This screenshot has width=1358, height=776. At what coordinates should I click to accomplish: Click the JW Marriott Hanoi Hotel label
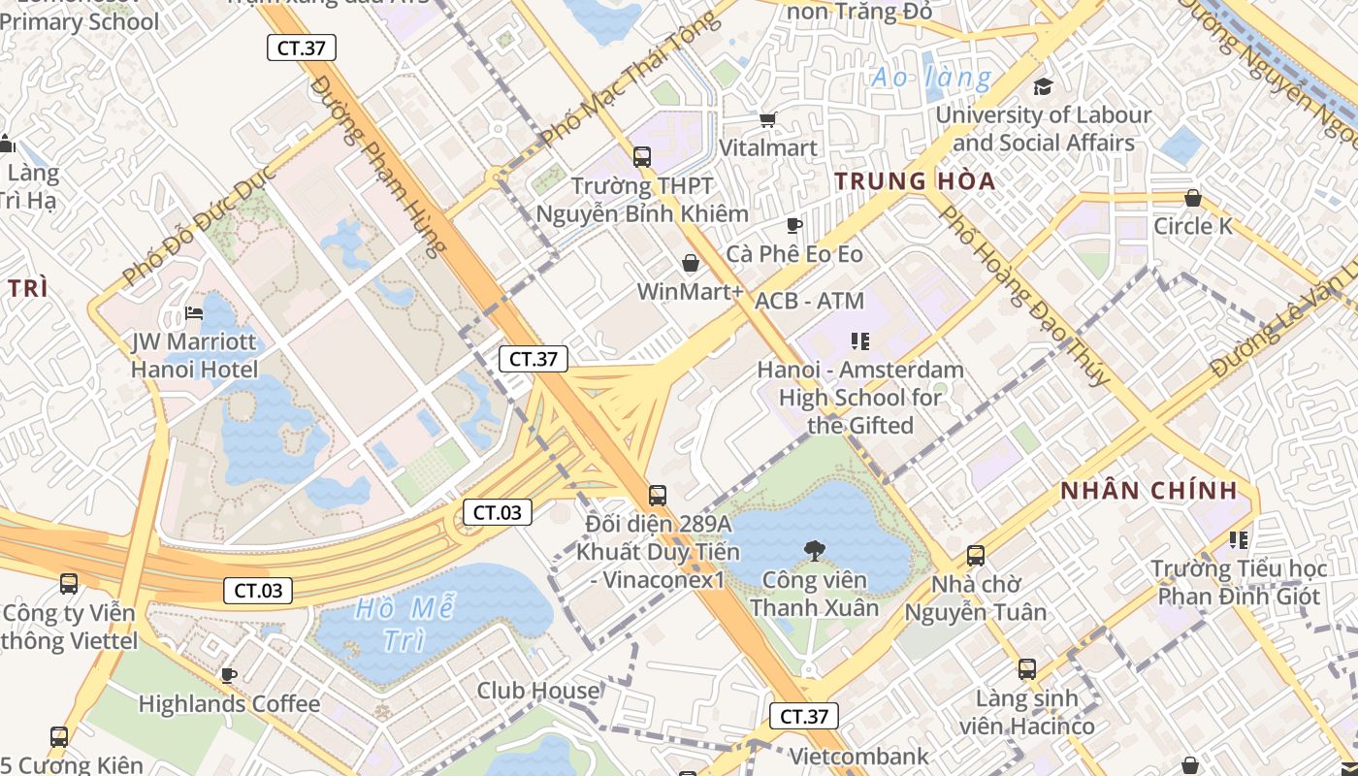(194, 356)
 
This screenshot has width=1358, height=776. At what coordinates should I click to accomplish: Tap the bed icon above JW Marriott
(194, 313)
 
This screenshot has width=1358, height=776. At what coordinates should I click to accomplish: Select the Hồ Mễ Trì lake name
(404, 625)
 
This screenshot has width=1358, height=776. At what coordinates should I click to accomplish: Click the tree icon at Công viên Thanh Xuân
(814, 551)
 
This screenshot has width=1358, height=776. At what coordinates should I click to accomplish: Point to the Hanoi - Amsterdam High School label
(860, 398)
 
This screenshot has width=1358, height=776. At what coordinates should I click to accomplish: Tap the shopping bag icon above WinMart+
(691, 263)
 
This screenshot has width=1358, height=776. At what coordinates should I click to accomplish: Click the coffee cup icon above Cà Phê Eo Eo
(794, 226)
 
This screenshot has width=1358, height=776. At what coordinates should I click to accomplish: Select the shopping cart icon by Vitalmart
(768, 119)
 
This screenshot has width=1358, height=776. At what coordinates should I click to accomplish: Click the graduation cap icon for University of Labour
(1043, 86)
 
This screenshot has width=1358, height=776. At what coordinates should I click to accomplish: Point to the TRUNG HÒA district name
(915, 181)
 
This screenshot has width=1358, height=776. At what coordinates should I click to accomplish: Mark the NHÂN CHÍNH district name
(1148, 491)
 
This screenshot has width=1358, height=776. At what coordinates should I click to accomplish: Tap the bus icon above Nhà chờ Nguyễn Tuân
(976, 556)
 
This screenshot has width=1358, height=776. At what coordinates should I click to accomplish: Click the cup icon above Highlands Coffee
(229, 675)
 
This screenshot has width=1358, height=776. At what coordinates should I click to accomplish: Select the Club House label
(538, 691)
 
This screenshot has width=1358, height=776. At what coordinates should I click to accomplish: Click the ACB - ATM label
(809, 302)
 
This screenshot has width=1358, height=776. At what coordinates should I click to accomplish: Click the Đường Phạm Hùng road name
(379, 165)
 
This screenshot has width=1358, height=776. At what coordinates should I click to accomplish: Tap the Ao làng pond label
(931, 78)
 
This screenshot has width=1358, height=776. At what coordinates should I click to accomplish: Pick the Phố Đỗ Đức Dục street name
(200, 225)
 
